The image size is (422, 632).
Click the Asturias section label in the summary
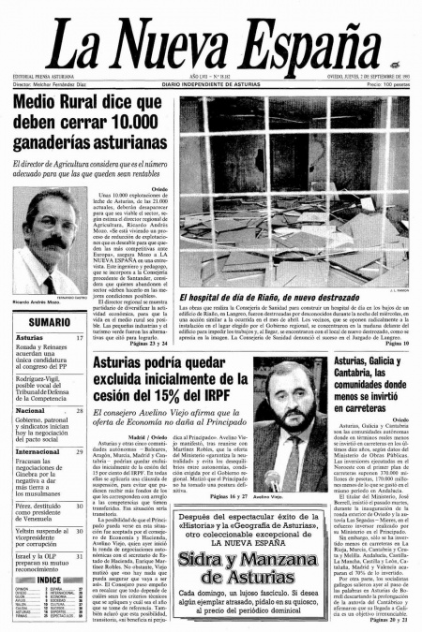point(29,337)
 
